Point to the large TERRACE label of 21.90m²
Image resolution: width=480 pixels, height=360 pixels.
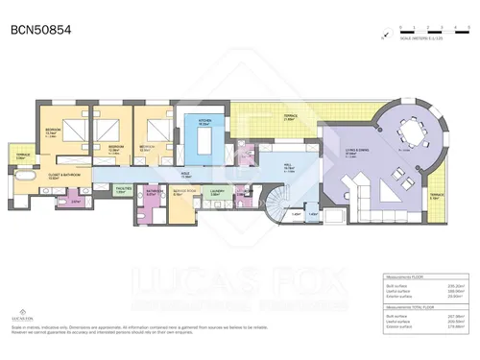[291, 116]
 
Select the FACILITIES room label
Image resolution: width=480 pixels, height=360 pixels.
[123, 190]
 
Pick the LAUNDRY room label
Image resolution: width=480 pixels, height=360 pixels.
[217, 191]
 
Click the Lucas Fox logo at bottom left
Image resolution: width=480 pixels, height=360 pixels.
[19, 312]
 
